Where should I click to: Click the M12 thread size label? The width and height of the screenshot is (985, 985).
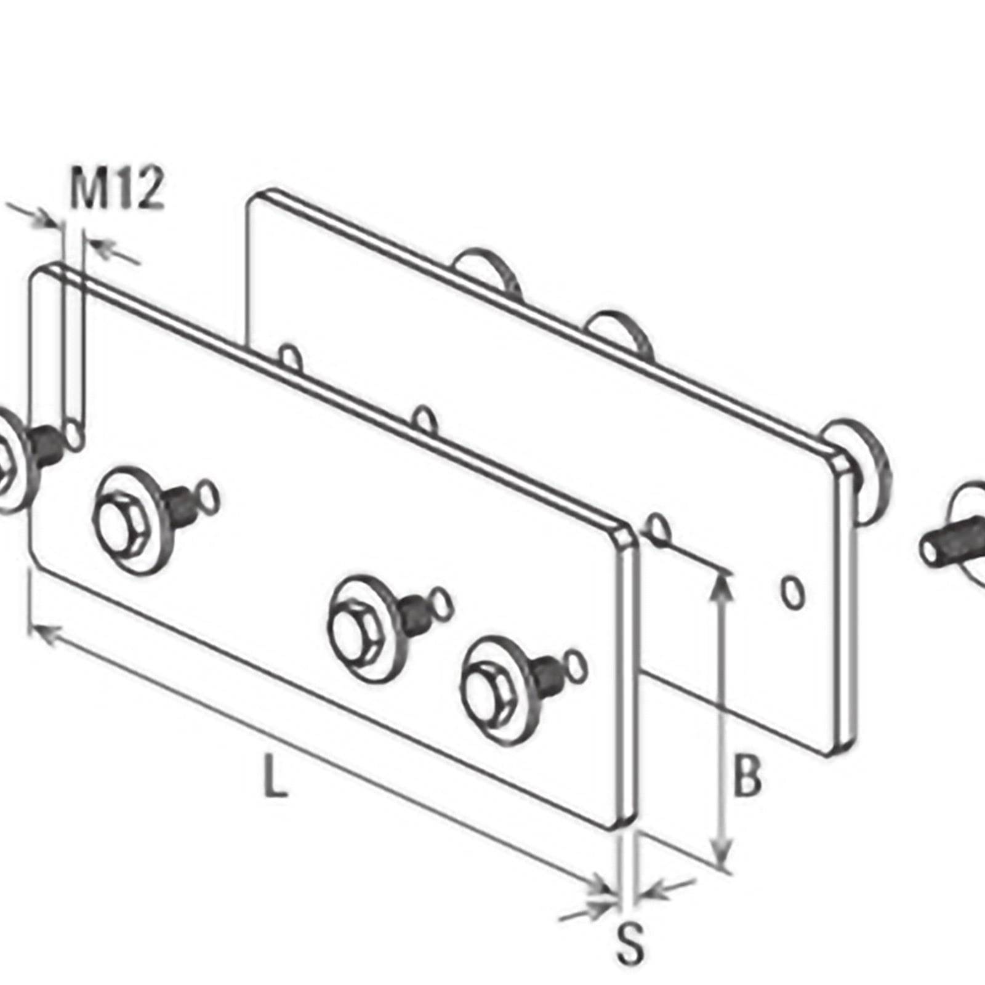[117, 188]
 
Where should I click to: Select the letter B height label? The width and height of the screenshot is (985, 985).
[747, 777]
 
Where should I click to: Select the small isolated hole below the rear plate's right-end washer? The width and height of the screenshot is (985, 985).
[793, 592]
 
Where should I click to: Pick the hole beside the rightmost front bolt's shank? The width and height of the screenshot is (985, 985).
[577, 664]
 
